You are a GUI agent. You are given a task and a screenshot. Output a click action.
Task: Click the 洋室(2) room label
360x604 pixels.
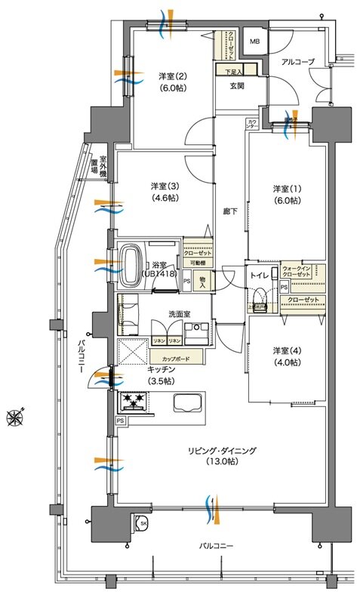tap(171, 82)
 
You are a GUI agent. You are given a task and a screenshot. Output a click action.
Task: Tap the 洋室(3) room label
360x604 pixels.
tap(162, 192)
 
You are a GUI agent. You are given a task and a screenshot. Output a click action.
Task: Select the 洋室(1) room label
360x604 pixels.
tap(286, 194)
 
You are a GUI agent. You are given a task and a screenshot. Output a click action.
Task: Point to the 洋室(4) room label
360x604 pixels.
tap(286, 356)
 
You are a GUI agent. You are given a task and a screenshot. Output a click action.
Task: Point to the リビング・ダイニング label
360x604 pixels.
tap(223, 457)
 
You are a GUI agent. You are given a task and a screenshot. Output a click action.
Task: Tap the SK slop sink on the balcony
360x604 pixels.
tap(142, 522)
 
